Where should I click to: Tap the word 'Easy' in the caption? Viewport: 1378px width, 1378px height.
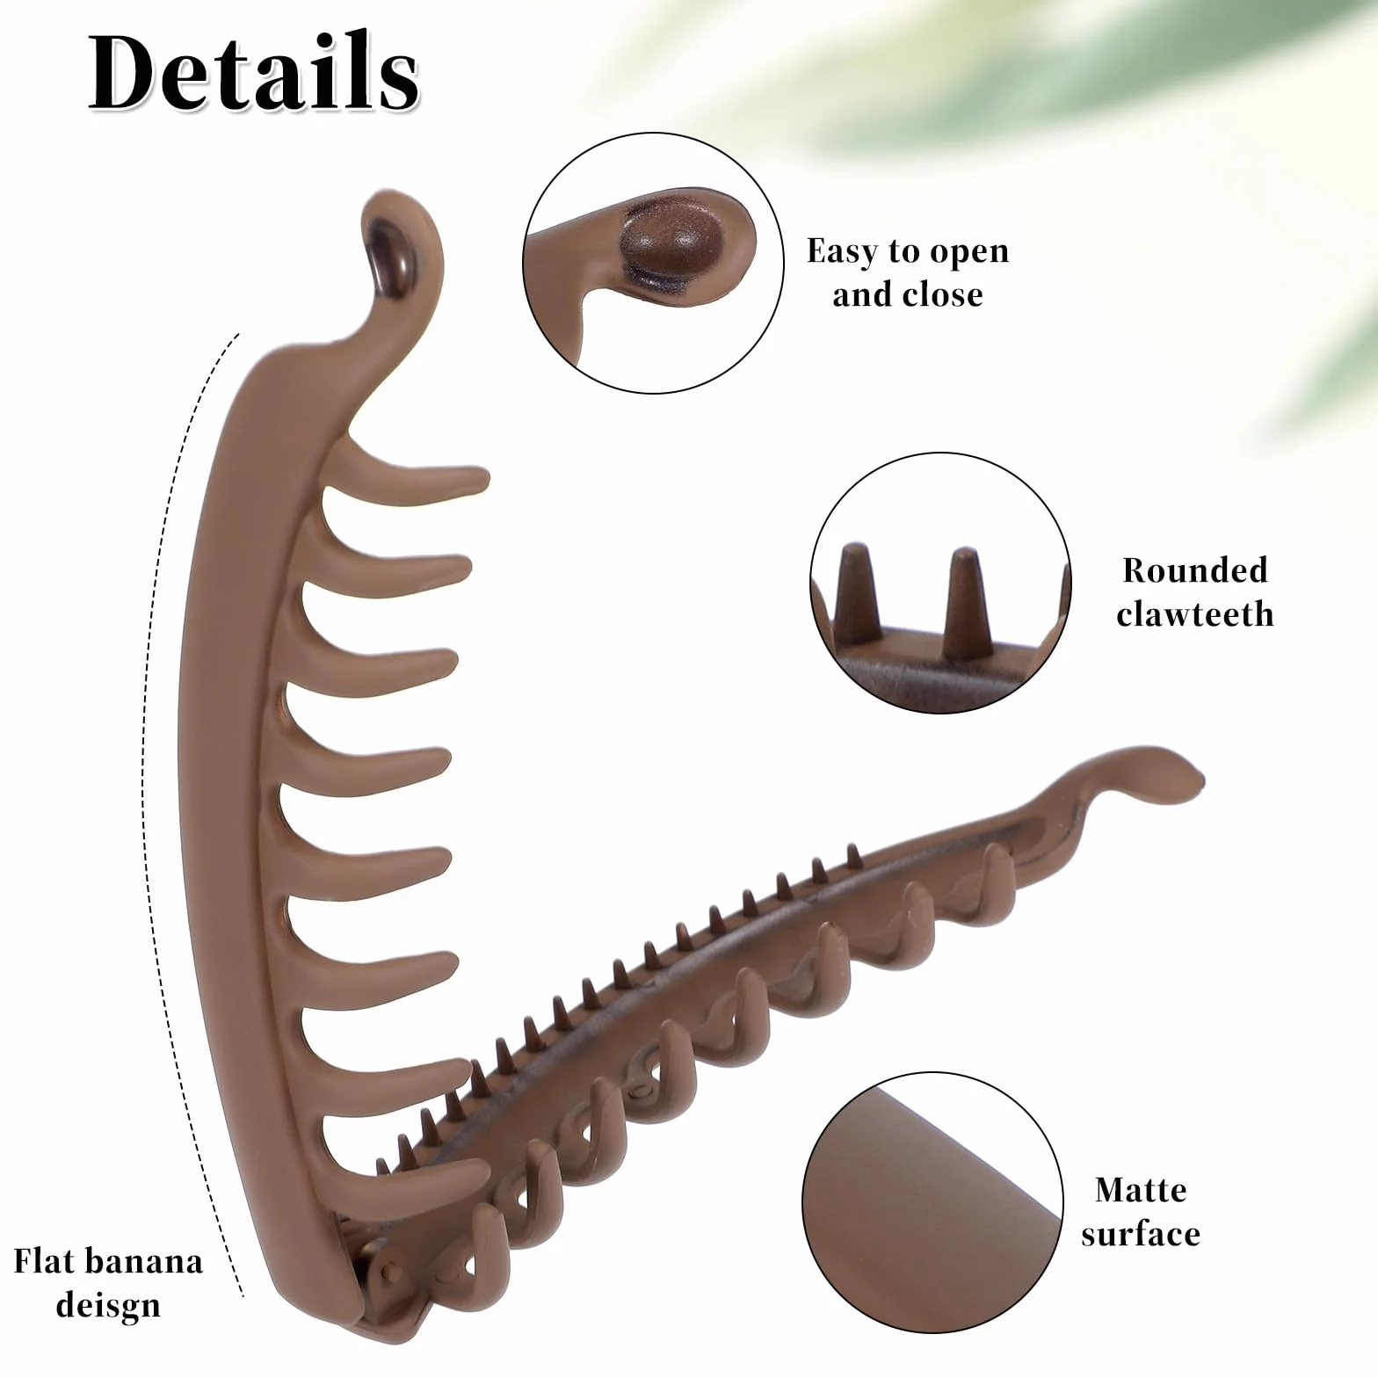click(843, 252)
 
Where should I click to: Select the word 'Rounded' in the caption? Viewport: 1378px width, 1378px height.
click(1195, 570)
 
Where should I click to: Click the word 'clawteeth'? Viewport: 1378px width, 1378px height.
click(1195, 613)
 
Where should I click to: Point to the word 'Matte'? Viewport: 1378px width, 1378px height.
click(1141, 1190)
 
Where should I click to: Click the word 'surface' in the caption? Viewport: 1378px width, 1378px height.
click(1141, 1235)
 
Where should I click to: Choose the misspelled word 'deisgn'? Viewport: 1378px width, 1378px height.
click(108, 1306)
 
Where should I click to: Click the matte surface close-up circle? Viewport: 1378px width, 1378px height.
click(932, 1201)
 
